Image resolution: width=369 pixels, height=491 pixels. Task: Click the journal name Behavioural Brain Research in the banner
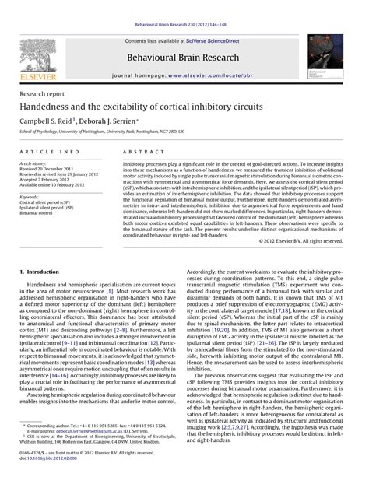[x=184, y=58]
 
